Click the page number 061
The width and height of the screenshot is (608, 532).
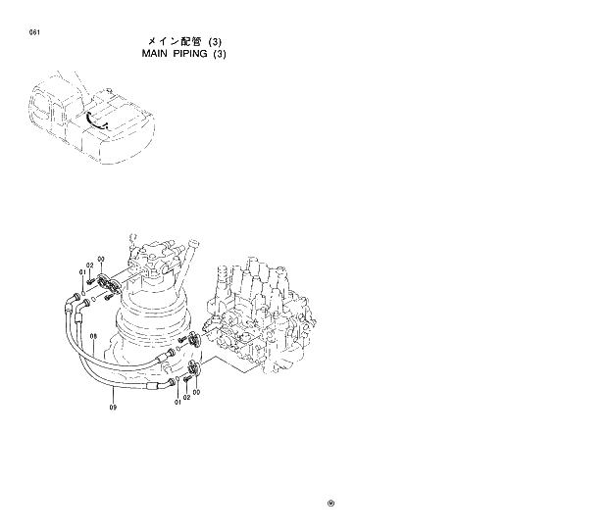coord(34,32)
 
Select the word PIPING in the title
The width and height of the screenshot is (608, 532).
coord(185,54)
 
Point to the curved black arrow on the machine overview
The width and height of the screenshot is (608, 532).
coord(94,119)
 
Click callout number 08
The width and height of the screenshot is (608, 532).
coord(93,336)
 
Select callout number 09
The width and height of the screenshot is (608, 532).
coord(113,408)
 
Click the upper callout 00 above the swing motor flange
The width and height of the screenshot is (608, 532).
coord(100,259)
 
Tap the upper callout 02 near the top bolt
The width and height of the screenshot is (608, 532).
coord(89,266)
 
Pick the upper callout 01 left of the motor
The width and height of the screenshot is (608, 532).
coord(82,272)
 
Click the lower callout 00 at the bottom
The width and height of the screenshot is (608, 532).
coord(196,392)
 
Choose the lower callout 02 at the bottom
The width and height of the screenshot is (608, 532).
coord(186,398)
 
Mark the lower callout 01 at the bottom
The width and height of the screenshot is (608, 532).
coord(177,401)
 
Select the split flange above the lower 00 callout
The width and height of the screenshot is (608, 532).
coord(191,369)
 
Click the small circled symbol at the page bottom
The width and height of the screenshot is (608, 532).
coord(330,506)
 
